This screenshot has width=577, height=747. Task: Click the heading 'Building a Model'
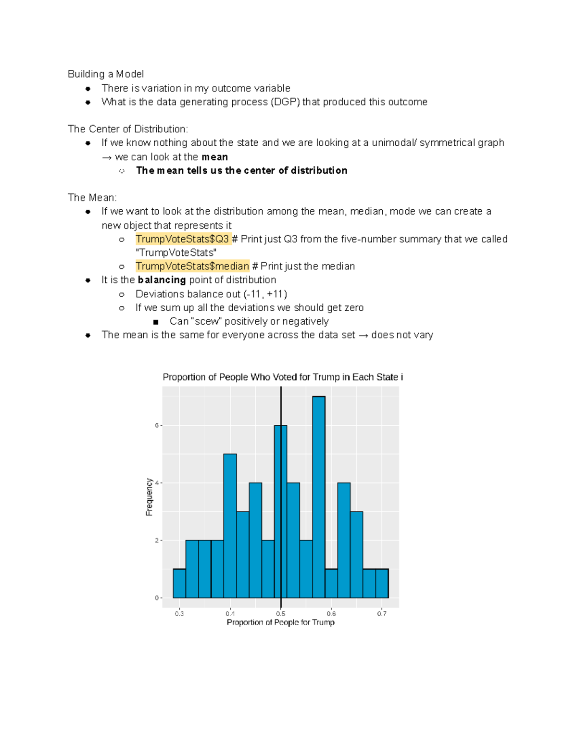click(x=106, y=74)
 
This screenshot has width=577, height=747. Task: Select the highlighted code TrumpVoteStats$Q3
click(x=182, y=239)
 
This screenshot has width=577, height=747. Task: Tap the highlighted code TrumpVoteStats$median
click(x=192, y=266)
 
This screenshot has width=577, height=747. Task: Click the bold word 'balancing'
click(x=162, y=280)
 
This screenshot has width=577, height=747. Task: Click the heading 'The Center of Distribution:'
click(x=128, y=129)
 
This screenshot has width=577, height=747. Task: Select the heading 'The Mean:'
click(x=92, y=198)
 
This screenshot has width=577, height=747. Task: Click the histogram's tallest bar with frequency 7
click(x=319, y=495)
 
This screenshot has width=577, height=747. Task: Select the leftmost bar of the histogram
click(x=179, y=583)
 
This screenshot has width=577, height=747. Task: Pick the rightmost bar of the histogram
click(x=382, y=583)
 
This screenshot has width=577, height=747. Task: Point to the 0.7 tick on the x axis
click(x=382, y=613)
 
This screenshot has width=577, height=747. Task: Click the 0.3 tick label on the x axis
click(x=179, y=613)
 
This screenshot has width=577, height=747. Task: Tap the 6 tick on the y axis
click(x=157, y=426)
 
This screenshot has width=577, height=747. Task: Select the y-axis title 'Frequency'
click(x=149, y=497)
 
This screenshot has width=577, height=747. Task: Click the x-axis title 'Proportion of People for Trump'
click(x=280, y=622)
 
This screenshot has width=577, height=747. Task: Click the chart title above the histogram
click(x=283, y=377)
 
